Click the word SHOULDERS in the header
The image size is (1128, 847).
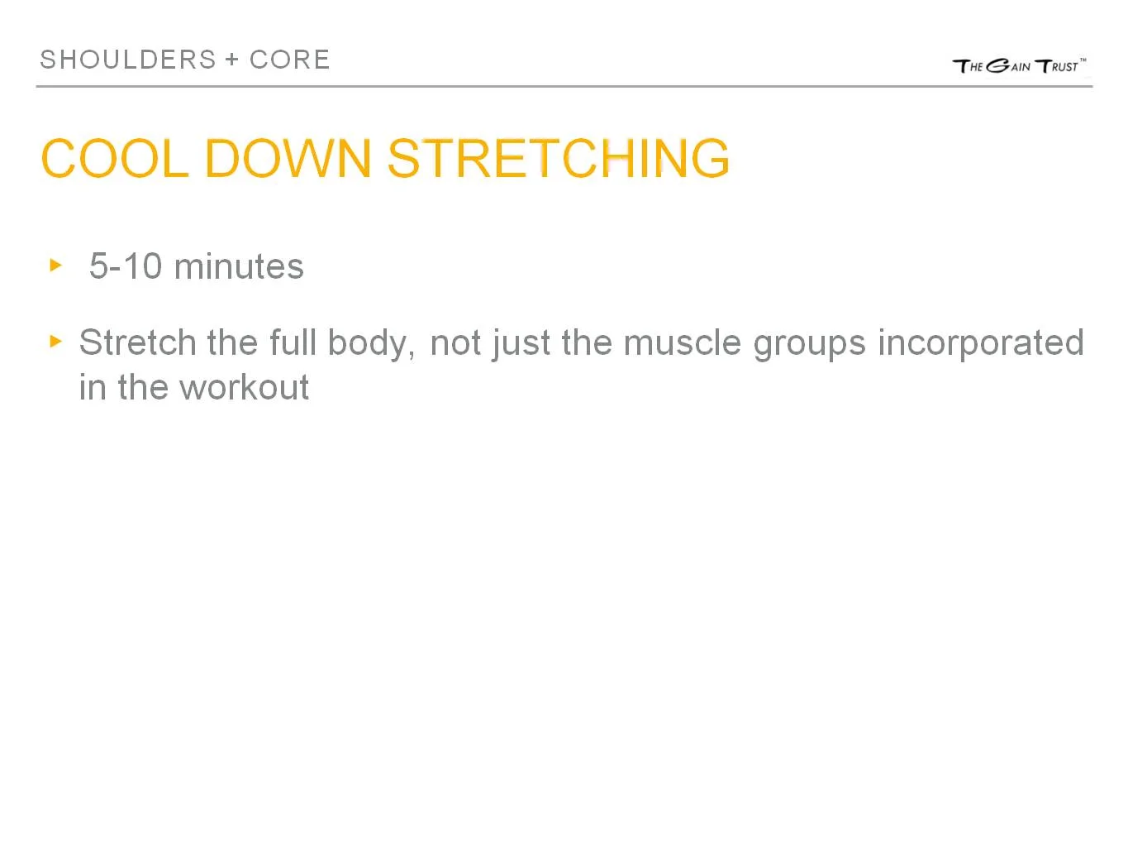point(128,60)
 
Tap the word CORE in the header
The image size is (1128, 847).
point(289,60)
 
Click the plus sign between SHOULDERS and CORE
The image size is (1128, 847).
point(231,60)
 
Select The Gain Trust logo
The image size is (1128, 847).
point(1019,65)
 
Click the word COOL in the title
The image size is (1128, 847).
point(114,158)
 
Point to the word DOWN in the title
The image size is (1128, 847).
point(288,158)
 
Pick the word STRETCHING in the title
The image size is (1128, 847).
point(559,158)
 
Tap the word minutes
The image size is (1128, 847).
point(239,266)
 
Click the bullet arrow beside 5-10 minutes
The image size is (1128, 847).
point(56,265)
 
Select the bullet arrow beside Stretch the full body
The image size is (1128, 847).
point(56,341)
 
